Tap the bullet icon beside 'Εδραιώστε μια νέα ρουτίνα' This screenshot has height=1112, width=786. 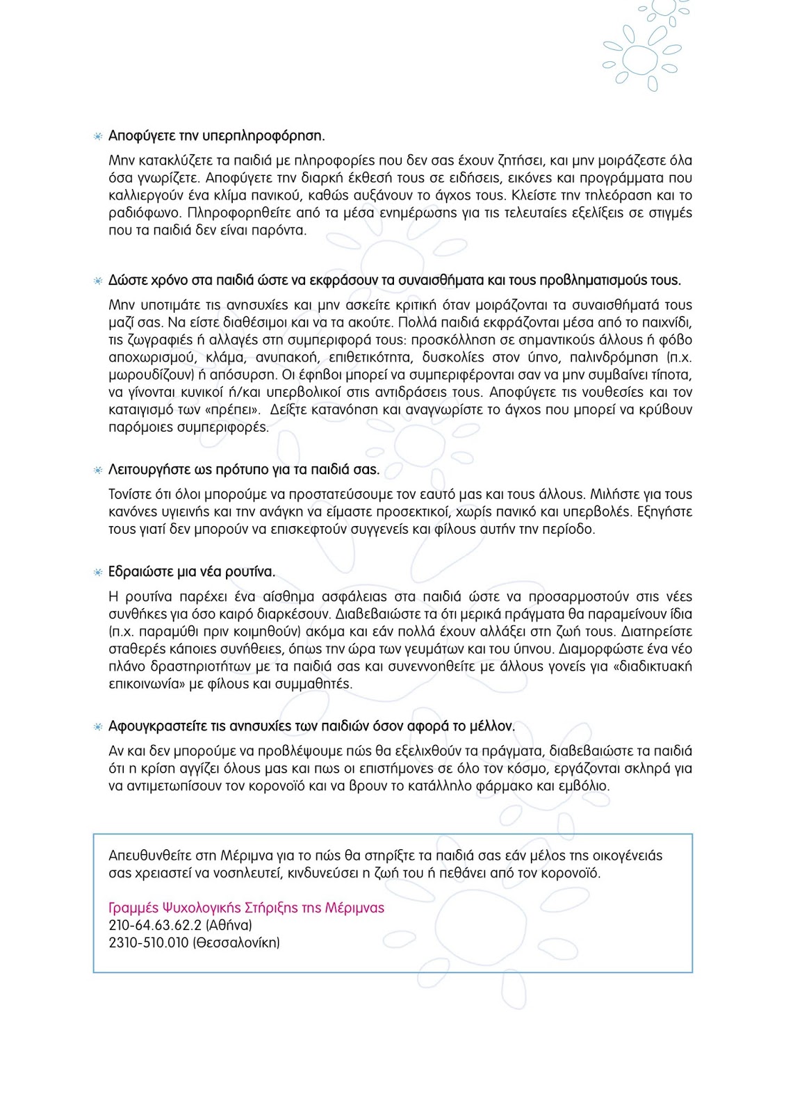coord(98,573)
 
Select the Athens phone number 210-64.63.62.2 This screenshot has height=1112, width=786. coord(155,926)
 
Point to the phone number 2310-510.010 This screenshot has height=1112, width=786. coord(149,943)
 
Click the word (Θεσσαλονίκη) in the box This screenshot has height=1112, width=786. coord(236,943)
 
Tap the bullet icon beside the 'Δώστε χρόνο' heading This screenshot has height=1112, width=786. coord(98,281)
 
